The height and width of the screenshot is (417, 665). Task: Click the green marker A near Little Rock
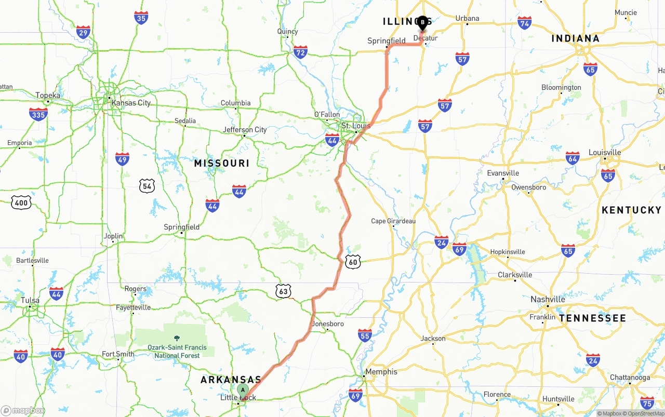coord(243,390)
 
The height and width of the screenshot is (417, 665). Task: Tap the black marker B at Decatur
coord(422,22)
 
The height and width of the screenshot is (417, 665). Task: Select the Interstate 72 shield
coord(300,51)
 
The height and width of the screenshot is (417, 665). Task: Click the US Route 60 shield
coord(353,262)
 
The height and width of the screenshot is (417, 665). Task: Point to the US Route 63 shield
coord(283,291)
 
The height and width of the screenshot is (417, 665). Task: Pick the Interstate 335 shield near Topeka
coord(38,114)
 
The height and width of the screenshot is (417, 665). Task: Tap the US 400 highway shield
coord(21,203)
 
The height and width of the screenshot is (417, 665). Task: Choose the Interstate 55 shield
coord(365,335)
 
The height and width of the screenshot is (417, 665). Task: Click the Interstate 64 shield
coord(573,158)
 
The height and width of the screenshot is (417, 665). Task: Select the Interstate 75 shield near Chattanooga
coord(647,402)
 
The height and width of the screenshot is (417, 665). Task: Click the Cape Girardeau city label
coord(393,221)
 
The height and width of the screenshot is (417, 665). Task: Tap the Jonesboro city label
coord(328,324)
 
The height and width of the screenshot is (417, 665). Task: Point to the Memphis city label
coord(381,372)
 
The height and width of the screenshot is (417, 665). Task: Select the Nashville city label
coord(548,299)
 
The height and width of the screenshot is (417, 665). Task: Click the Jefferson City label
coord(245,130)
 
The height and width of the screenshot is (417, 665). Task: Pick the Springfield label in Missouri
coord(181,227)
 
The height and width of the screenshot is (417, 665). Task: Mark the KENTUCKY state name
coord(631,210)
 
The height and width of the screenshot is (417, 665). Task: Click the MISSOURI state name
coord(221,164)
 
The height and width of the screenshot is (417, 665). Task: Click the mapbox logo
coord(23,410)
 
